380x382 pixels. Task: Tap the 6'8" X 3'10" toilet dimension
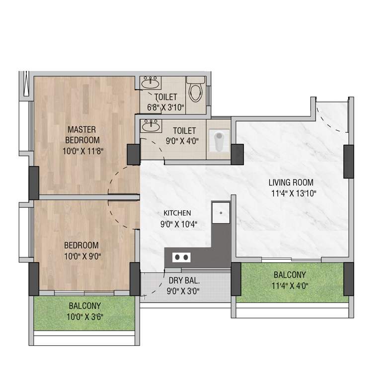[x=165, y=107]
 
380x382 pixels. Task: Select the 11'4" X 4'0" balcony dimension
[x=289, y=286]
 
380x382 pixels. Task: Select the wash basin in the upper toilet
[x=150, y=83]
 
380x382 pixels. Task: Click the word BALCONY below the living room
[x=289, y=275]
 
